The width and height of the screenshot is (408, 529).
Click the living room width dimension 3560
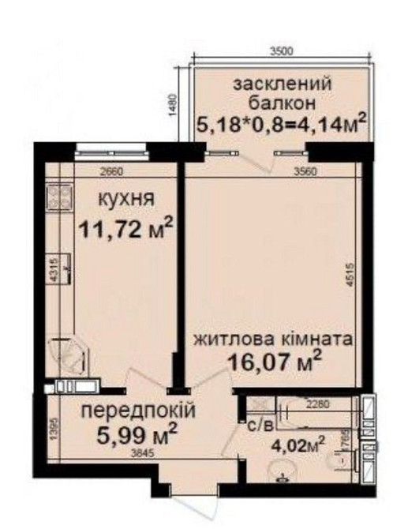click(x=306, y=170)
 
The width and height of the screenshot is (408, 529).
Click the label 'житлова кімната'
click(x=274, y=340)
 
